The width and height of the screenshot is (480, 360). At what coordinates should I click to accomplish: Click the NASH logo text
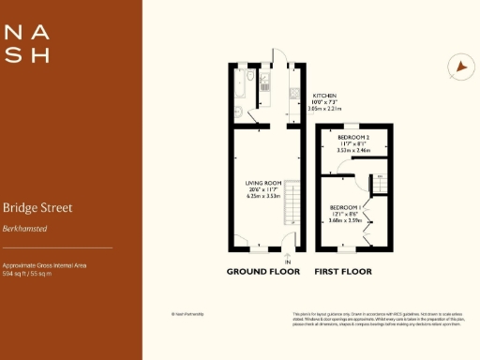click(27, 44)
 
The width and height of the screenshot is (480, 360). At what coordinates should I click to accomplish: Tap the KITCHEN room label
click(324, 96)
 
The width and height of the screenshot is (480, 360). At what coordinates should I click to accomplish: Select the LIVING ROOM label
click(263, 184)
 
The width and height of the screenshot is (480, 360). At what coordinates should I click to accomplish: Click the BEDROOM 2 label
click(353, 136)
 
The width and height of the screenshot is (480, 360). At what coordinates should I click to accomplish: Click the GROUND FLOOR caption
click(263, 272)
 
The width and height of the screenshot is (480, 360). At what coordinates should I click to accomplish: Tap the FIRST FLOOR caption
click(344, 272)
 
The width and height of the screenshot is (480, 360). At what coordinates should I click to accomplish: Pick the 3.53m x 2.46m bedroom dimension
click(353, 149)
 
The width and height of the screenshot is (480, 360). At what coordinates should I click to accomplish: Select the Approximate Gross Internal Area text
click(44, 266)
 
